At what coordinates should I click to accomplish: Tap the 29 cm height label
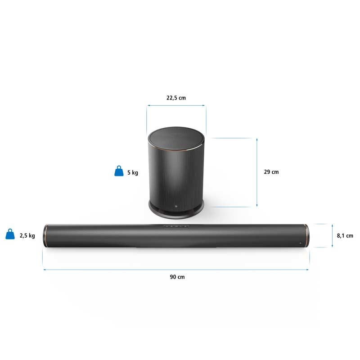click(x=271, y=172)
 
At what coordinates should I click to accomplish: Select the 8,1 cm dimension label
click(x=345, y=235)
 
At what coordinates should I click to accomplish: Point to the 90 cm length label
click(x=177, y=277)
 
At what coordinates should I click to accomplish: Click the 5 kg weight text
click(x=132, y=172)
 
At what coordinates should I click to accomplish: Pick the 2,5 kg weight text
click(x=27, y=235)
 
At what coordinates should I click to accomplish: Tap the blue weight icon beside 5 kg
click(x=118, y=171)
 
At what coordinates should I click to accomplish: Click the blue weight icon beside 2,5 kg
click(x=10, y=234)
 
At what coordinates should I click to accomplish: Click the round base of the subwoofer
click(x=176, y=208)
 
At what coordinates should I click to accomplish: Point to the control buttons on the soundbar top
click(x=176, y=226)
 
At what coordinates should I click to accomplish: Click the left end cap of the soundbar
click(x=45, y=235)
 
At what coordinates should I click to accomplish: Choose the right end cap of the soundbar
click(x=306, y=235)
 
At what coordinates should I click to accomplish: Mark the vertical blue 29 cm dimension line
click(x=257, y=172)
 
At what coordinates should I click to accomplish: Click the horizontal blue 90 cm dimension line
click(x=176, y=270)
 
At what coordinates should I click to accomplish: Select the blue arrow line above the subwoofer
click(x=176, y=106)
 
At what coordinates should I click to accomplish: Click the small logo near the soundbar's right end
click(x=299, y=243)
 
